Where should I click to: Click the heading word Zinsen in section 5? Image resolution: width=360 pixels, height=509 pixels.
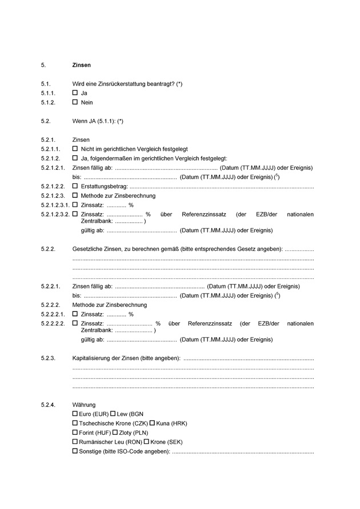pyautogui.click(x=81, y=66)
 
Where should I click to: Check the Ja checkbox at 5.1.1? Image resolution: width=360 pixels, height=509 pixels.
pyautogui.click(x=75, y=93)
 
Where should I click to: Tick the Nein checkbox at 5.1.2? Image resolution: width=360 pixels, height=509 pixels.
pyautogui.click(x=75, y=103)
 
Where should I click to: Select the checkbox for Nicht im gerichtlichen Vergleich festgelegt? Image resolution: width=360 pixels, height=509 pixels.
pyautogui.click(x=75, y=149)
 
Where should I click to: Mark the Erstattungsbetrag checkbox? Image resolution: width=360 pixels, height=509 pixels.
pyautogui.click(x=75, y=187)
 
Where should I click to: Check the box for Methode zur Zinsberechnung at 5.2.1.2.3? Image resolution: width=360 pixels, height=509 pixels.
pyautogui.click(x=75, y=196)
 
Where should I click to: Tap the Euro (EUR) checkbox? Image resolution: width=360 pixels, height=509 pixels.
pyautogui.click(x=75, y=414)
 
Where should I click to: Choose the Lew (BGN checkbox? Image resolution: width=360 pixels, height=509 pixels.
pyautogui.click(x=114, y=414)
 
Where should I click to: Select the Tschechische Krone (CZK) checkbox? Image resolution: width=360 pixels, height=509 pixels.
pyautogui.click(x=75, y=423)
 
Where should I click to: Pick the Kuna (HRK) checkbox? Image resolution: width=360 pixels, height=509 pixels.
pyautogui.click(x=153, y=423)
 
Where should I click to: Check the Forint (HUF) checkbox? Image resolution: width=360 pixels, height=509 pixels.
pyautogui.click(x=75, y=433)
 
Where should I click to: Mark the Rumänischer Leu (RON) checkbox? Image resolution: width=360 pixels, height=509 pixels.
pyautogui.click(x=75, y=442)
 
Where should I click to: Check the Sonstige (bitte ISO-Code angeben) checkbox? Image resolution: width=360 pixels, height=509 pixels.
pyautogui.click(x=75, y=452)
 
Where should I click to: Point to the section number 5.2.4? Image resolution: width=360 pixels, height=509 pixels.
pyautogui.click(x=48, y=404)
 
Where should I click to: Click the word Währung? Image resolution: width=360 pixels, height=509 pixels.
pyautogui.click(x=84, y=404)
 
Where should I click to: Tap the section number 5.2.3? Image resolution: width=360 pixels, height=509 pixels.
pyautogui.click(x=48, y=358)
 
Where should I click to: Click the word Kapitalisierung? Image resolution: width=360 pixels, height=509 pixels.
pyautogui.click(x=91, y=358)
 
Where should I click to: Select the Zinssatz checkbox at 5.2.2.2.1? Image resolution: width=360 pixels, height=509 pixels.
pyautogui.click(x=75, y=314)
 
